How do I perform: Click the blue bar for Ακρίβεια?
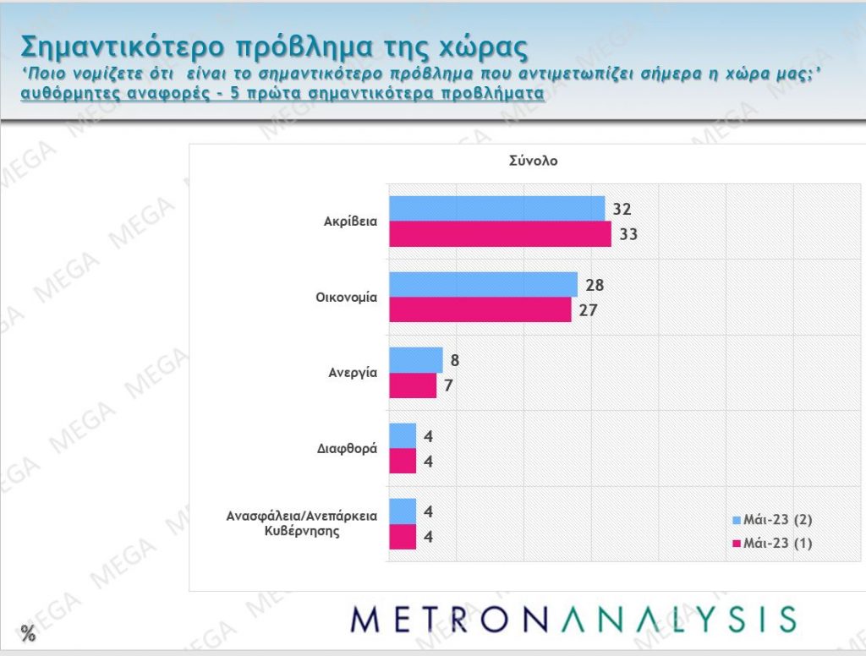(496, 209)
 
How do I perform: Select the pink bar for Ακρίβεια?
(500, 234)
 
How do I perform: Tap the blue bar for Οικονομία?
(483, 285)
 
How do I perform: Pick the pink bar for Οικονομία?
(480, 309)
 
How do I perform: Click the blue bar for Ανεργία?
(415, 360)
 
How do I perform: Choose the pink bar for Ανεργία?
(412, 385)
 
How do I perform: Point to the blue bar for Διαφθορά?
(403, 436)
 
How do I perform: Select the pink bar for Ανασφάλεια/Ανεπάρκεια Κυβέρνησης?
(403, 537)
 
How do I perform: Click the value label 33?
(628, 234)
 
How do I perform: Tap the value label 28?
(595, 285)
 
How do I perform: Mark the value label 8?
(455, 360)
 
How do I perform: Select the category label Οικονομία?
(347, 298)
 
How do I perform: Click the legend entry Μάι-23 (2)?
(775, 519)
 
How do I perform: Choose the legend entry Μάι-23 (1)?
(775, 543)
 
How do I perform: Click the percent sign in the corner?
(28, 633)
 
